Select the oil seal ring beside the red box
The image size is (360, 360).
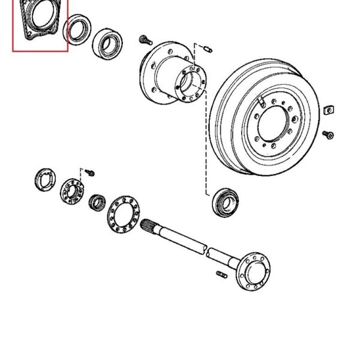77,31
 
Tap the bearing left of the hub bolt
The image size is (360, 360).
109,43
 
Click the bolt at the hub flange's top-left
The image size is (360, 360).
145,40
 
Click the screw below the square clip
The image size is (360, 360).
328,134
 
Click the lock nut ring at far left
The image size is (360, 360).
44,179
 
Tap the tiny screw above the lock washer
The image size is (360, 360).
90,173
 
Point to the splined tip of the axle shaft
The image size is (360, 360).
151,227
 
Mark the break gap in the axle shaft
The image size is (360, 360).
205,250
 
